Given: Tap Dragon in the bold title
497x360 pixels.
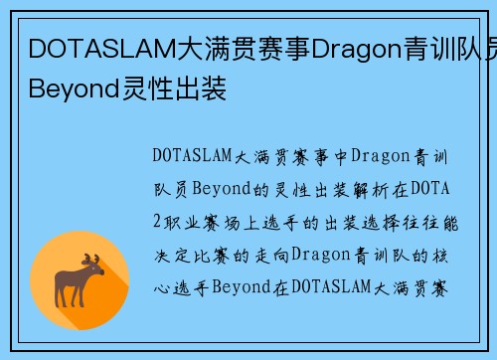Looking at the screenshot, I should (351, 48).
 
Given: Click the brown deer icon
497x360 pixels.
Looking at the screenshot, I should (81, 280).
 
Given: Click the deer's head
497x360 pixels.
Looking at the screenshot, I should (95, 270).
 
